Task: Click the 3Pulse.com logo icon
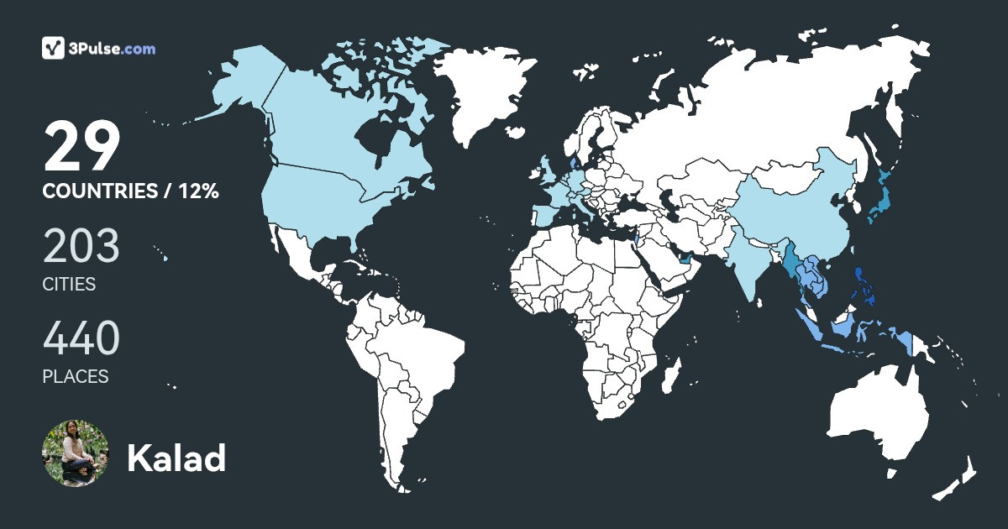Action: [x=54, y=48]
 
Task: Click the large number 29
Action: [x=82, y=147]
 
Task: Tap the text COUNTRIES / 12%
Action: [x=130, y=191]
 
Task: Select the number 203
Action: [x=81, y=247]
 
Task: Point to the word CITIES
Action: [x=69, y=284]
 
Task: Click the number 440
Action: [x=81, y=339]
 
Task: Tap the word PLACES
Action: [x=76, y=377]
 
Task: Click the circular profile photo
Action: [x=76, y=453]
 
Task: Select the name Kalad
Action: [x=176, y=458]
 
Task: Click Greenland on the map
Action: [x=487, y=92]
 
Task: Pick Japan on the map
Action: [x=879, y=197]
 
